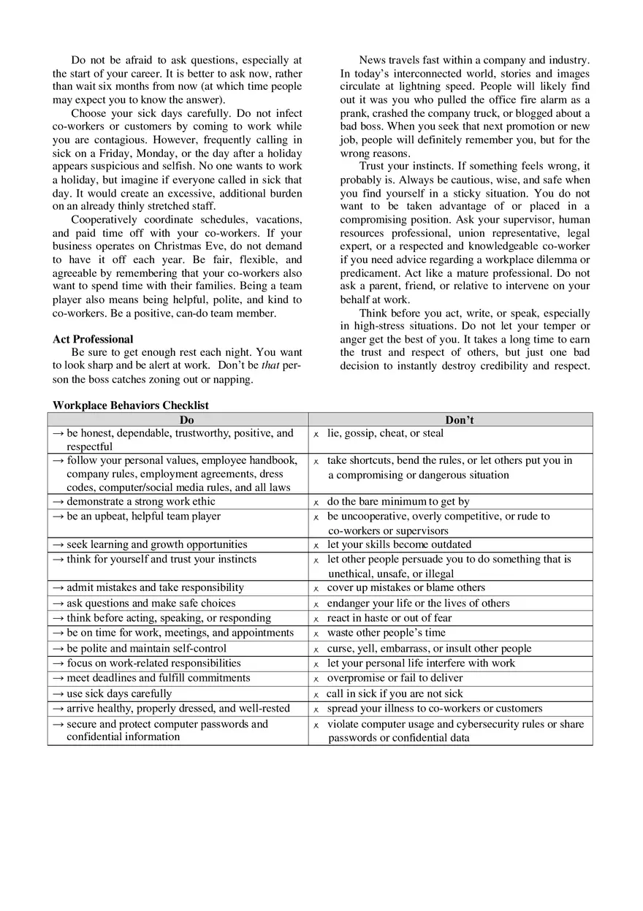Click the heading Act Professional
point(93,339)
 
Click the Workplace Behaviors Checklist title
point(131,405)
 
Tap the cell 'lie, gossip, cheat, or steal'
point(385,433)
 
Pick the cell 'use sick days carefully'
point(119,693)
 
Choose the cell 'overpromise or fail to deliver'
point(395,678)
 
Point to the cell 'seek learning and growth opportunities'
point(156,544)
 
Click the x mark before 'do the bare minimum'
point(316,503)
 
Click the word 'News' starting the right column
point(372,60)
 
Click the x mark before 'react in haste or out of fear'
point(316,618)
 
